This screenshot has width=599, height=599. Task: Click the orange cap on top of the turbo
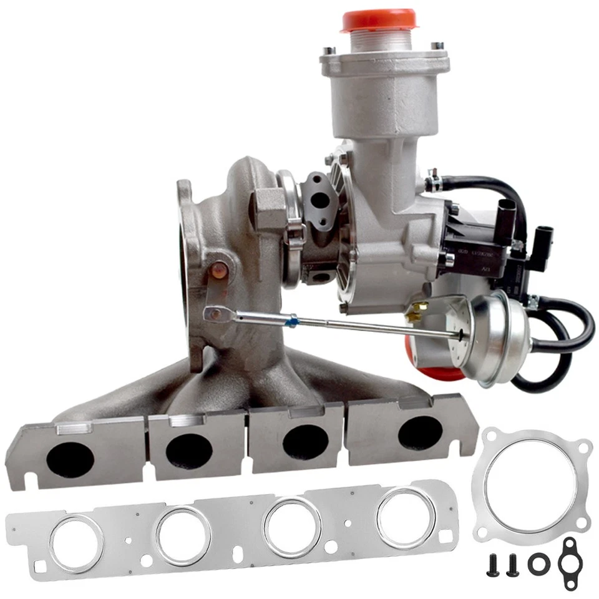pos(379,19)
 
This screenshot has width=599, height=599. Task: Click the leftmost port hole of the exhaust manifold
pos(69,459)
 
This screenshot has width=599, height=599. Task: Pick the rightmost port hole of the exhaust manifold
pos(420,432)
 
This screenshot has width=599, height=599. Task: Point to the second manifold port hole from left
pos(189,450)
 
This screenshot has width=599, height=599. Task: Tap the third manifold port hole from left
pos(305,442)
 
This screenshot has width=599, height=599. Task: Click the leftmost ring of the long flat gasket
pos(76,542)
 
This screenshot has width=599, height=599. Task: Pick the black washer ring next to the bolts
pos(537,564)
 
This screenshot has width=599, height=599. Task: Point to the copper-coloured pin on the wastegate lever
pos(219,271)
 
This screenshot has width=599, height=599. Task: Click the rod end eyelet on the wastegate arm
pos(215,314)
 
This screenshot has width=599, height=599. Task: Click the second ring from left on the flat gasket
pos(183,535)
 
